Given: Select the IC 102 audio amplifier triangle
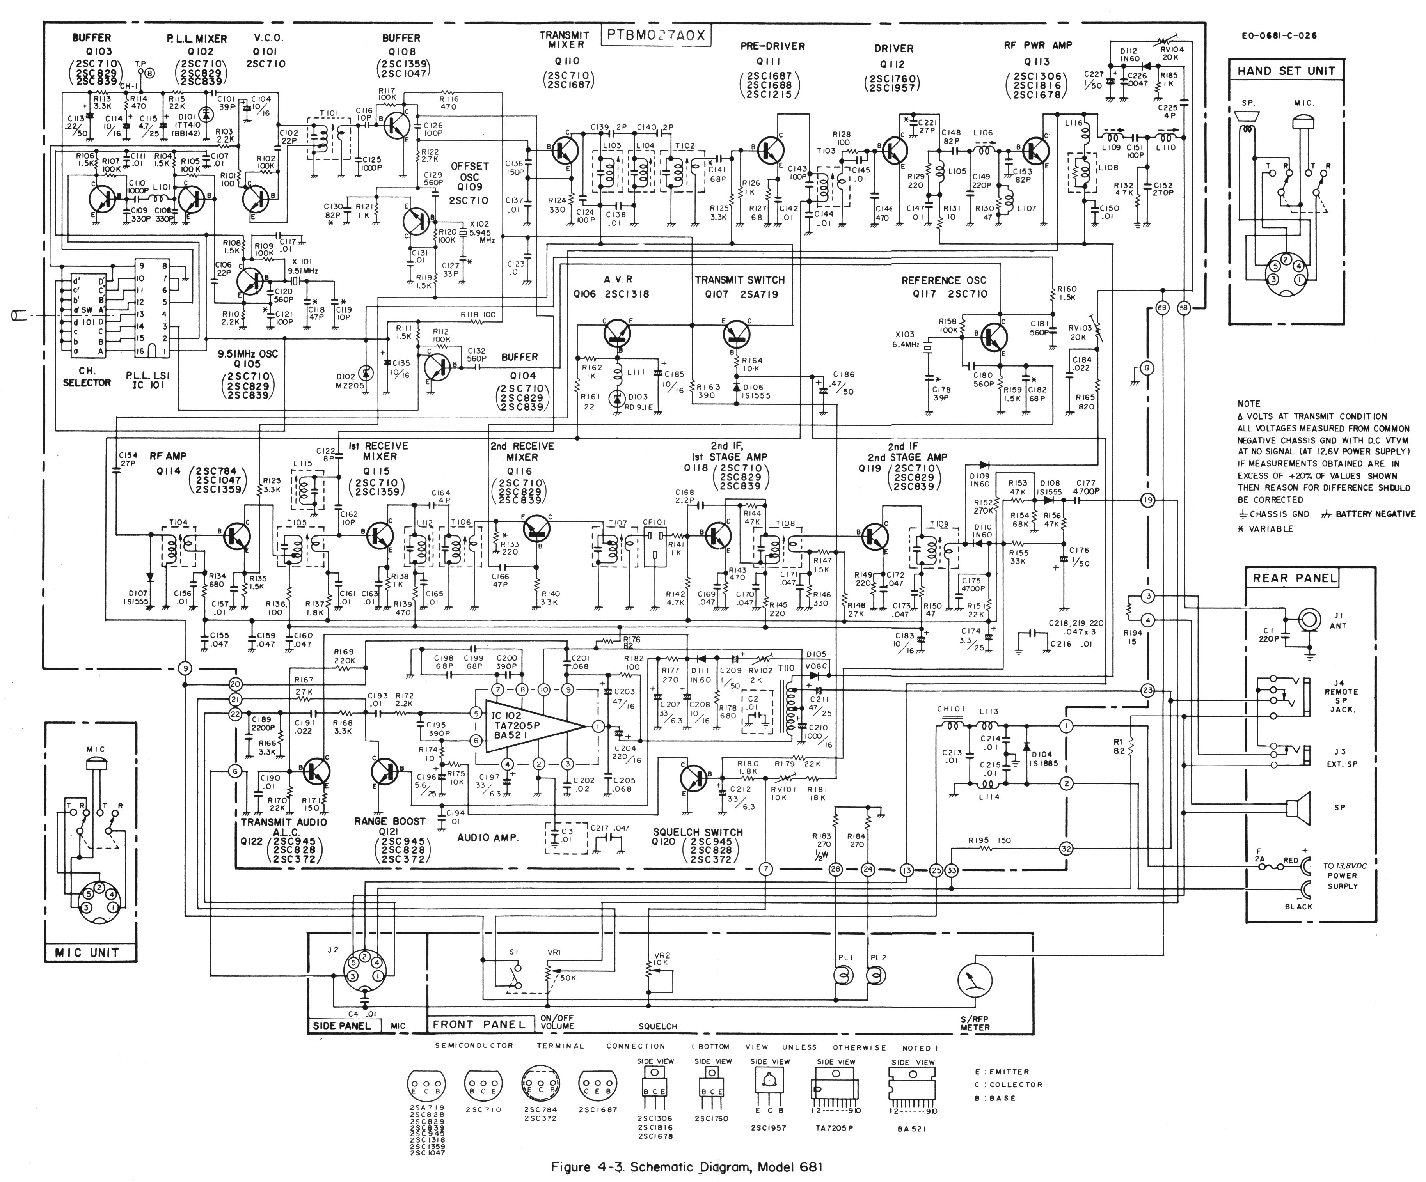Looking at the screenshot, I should click(x=533, y=727).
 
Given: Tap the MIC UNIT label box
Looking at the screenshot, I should click(x=87, y=953).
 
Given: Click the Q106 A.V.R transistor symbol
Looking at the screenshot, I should click(x=617, y=333).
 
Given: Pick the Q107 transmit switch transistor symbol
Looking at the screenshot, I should click(x=736, y=333).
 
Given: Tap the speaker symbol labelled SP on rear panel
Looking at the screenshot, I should click(x=1298, y=808).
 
